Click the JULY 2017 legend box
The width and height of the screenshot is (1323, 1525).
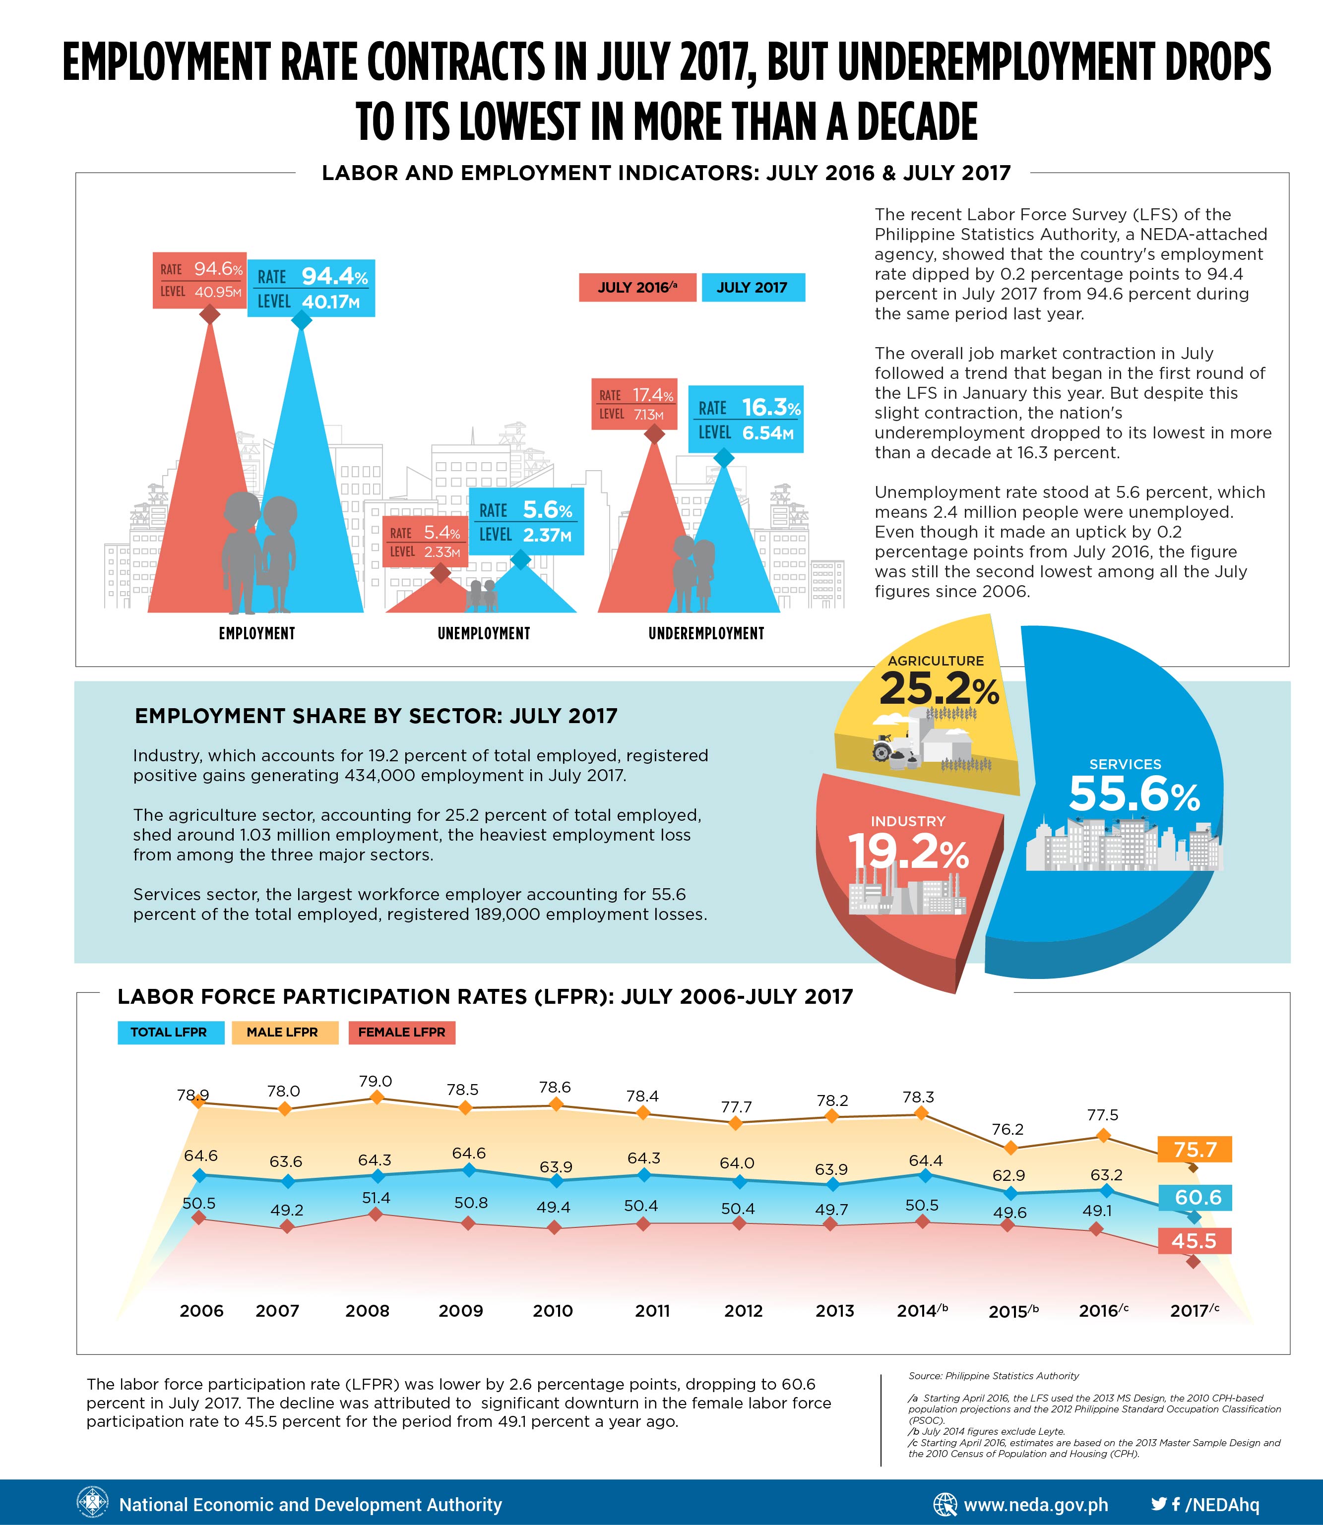coord(753,287)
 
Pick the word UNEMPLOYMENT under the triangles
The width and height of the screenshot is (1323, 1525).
coord(484,633)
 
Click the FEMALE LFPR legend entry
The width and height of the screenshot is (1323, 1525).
coord(402,1032)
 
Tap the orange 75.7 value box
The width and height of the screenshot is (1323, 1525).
coord(1195,1149)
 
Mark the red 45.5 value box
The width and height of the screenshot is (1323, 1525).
coord(1194,1240)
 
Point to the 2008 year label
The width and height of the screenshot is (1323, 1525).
coord(368,1311)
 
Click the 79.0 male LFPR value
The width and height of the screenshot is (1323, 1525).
coord(376,1081)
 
